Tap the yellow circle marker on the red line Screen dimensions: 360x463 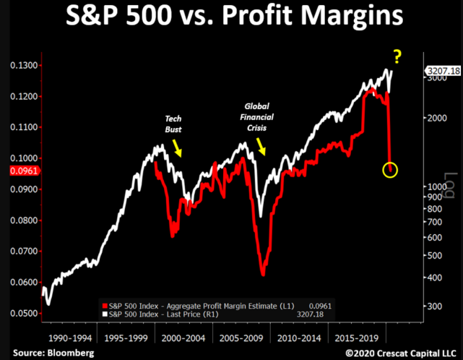[390, 171]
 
